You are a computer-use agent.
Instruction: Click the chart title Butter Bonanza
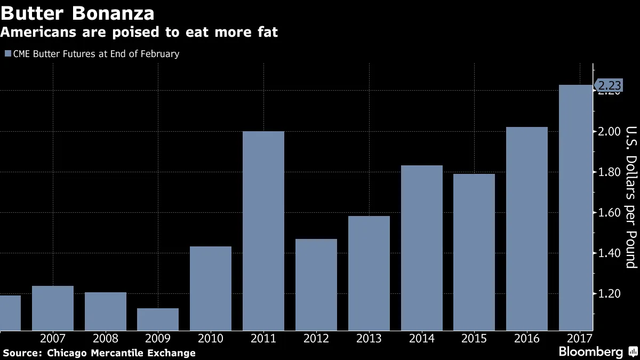pyautogui.click(x=78, y=13)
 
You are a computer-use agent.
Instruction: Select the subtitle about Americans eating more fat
pyautogui.click(x=139, y=33)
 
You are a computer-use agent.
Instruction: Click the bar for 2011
pyautogui.click(x=263, y=230)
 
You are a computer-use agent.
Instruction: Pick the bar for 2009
pyautogui.click(x=158, y=319)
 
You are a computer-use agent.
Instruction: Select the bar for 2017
pyautogui.click(x=575, y=208)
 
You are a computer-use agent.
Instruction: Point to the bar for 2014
pyautogui.click(x=422, y=247)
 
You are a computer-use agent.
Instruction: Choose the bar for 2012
pyautogui.click(x=316, y=284)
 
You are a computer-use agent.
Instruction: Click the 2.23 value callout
pyautogui.click(x=609, y=86)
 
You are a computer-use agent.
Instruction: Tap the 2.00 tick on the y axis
pyautogui.click(x=609, y=132)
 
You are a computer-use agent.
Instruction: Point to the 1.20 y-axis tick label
pyautogui.click(x=609, y=293)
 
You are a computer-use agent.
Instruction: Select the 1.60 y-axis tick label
pyautogui.click(x=609, y=213)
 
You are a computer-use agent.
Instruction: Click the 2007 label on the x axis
pyautogui.click(x=53, y=338)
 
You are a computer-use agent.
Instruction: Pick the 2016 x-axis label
pyautogui.click(x=527, y=338)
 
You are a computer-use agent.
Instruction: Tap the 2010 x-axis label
pyautogui.click(x=211, y=338)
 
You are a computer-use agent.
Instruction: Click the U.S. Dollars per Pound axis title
pyautogui.click(x=631, y=197)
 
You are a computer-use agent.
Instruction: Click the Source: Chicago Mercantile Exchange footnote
pyautogui.click(x=99, y=353)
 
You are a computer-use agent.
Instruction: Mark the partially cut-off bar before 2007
pyautogui.click(x=10, y=313)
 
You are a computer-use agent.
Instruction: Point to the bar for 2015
pyautogui.click(x=474, y=252)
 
